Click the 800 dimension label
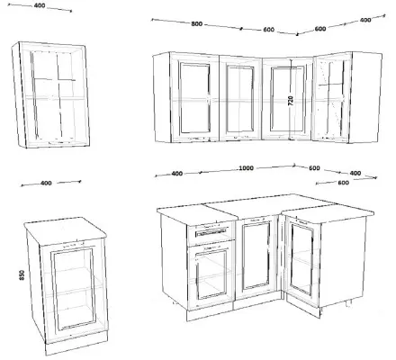pos(197,24)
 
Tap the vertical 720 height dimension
pos(291,100)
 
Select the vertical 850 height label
pos(22,275)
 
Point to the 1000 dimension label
pos(246,168)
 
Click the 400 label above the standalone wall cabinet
pos(40,5)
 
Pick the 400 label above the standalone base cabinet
pos(46,183)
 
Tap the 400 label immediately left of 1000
pos(177,174)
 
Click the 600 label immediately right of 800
pos(269,30)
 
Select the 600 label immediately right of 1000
pos(314,168)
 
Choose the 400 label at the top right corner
pos(365,20)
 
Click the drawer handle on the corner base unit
pos(211,232)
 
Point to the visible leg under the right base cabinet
pos(348,303)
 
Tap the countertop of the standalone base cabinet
pos(66,230)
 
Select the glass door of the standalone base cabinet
pos(74,289)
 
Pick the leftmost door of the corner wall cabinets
pos(194,97)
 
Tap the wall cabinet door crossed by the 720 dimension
pos(287,98)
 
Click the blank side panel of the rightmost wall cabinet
pos(366,97)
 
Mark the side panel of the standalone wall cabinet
pos(19,95)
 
